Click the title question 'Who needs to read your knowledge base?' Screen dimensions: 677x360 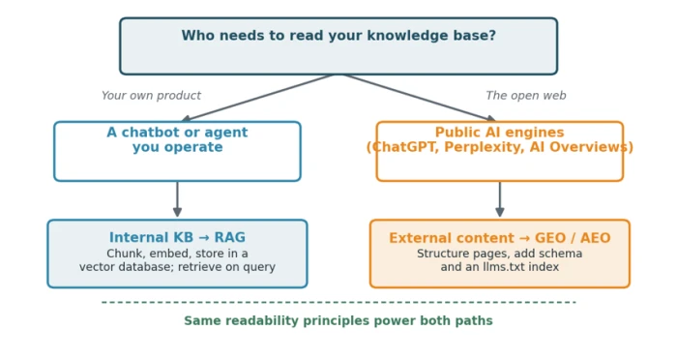[x=338, y=36]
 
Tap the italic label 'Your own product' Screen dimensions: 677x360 [x=151, y=96]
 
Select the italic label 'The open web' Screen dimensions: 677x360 [x=526, y=96]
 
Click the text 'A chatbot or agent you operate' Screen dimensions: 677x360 [x=177, y=139]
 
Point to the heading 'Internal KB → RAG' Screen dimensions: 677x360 [x=177, y=237]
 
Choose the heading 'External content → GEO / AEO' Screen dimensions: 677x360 [x=500, y=238]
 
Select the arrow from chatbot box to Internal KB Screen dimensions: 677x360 [x=177, y=198]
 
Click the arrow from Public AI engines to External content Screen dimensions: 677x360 [x=500, y=198]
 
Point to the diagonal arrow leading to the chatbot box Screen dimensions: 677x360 [x=257, y=98]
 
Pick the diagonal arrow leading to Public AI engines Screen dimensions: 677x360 [x=420, y=98]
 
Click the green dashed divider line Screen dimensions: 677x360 [x=338, y=302]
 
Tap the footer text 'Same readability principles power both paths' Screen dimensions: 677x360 [x=338, y=320]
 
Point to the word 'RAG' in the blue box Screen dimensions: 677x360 [x=230, y=237]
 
